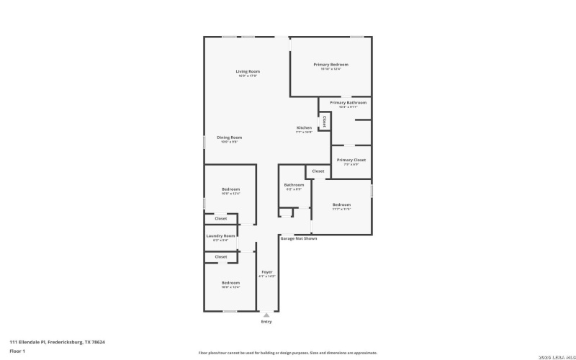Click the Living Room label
click(248, 71)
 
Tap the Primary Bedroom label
click(330, 65)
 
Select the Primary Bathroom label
click(348, 103)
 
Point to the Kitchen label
click(304, 127)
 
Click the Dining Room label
click(230, 138)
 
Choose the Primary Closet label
click(351, 160)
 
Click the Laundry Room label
click(220, 236)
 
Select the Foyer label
click(267, 272)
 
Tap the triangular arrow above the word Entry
click(267, 315)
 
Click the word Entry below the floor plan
click(267, 322)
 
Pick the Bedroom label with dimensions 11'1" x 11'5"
click(341, 204)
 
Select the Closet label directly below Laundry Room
click(220, 256)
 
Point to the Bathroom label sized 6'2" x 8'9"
click(294, 185)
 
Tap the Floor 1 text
click(18, 351)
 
